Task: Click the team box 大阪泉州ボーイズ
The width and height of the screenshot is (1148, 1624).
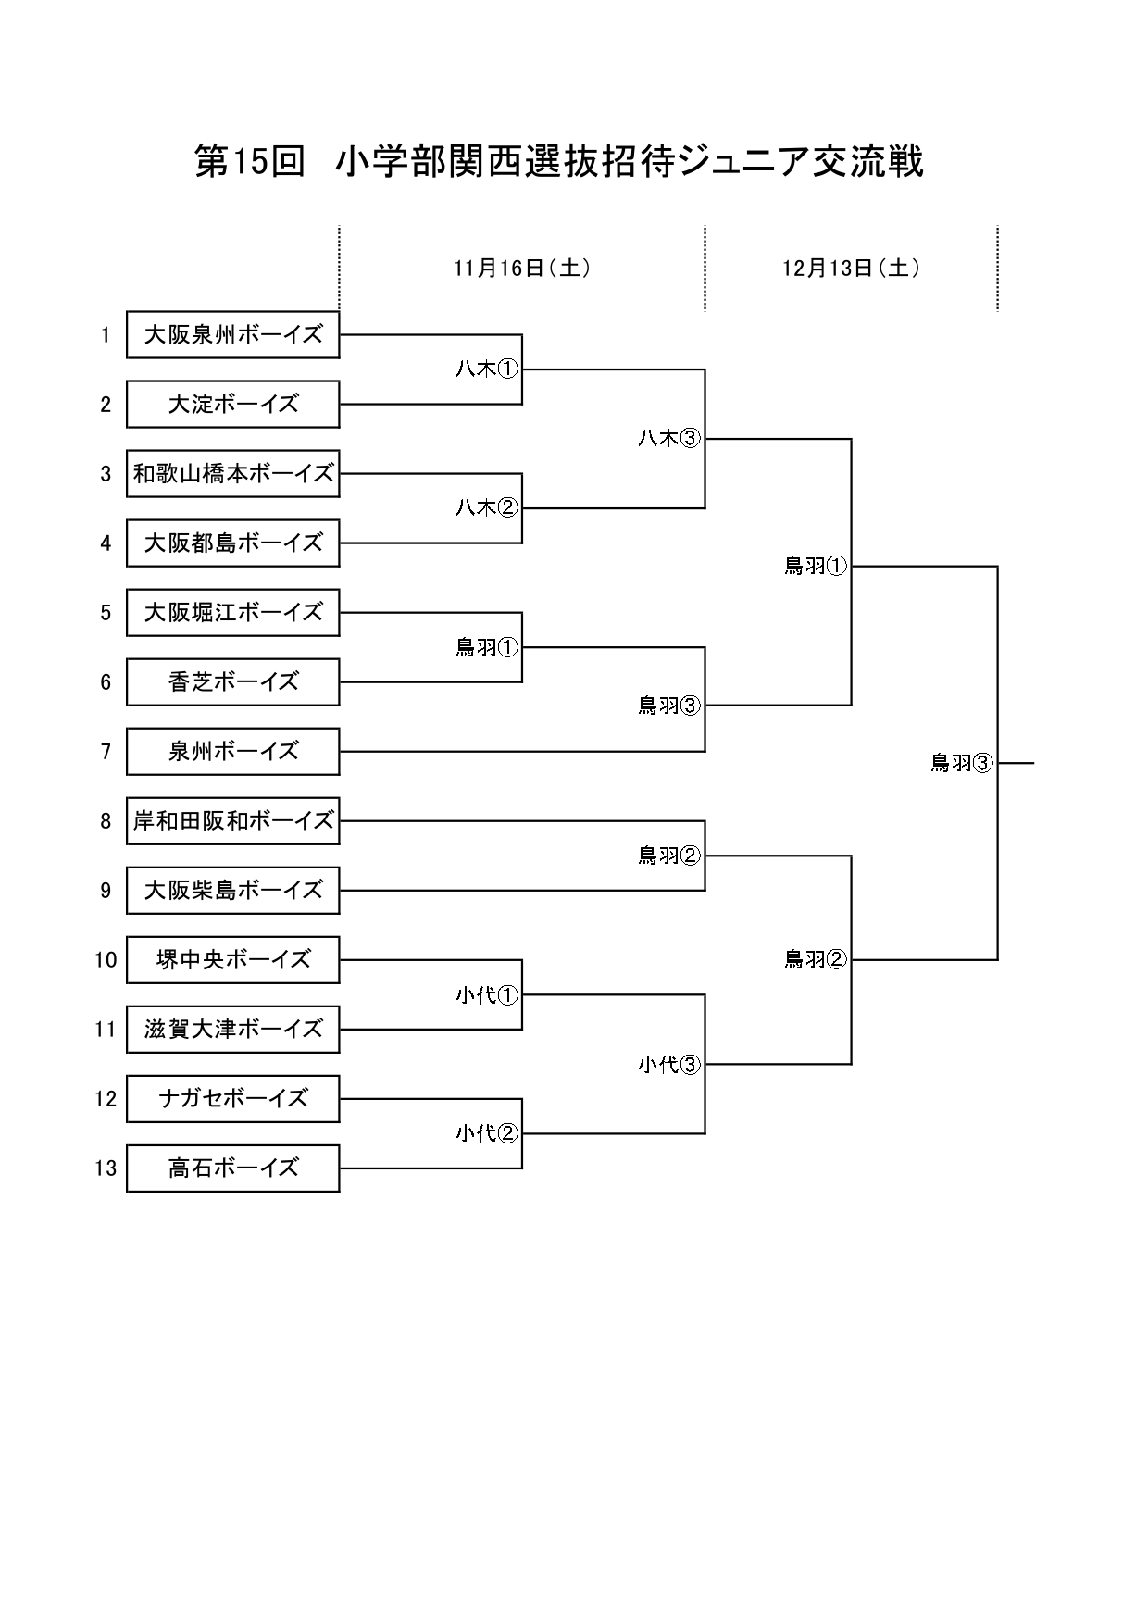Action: click(x=232, y=335)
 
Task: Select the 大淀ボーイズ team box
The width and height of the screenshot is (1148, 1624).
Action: click(x=232, y=405)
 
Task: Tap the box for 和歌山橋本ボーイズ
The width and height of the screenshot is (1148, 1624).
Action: click(x=232, y=474)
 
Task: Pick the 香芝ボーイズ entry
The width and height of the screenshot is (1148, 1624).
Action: click(x=232, y=682)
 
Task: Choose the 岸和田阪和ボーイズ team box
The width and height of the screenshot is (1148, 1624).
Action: click(x=232, y=821)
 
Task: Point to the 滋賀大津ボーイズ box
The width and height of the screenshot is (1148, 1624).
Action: click(x=232, y=1030)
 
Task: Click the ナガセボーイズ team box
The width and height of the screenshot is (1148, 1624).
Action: click(x=232, y=1099)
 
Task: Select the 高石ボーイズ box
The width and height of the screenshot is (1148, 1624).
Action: click(x=232, y=1168)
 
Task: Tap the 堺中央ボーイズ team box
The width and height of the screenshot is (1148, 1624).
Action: click(x=232, y=960)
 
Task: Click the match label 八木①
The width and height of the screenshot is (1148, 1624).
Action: click(x=486, y=369)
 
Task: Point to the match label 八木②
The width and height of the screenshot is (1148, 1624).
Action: click(x=486, y=508)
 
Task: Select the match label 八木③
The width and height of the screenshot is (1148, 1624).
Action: click(x=669, y=439)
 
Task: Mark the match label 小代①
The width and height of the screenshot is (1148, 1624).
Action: click(x=486, y=995)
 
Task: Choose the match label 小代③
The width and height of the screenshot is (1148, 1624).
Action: click(x=669, y=1065)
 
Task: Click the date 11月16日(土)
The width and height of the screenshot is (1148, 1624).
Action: click(x=522, y=269)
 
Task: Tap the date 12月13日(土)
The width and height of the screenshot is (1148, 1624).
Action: click(x=851, y=269)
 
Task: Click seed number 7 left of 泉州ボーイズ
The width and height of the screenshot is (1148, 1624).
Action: click(x=106, y=752)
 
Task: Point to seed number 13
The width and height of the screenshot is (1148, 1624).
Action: click(x=106, y=1168)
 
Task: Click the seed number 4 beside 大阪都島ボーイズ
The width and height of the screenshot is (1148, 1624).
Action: click(x=106, y=543)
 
